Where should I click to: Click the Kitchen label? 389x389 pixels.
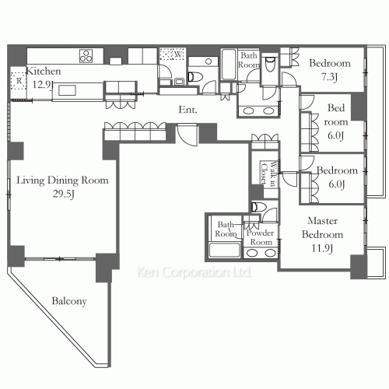[x=44, y=71]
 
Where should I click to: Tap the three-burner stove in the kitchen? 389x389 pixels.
[x=86, y=55]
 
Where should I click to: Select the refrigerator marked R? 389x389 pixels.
[x=19, y=81]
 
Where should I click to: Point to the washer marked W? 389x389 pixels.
[x=173, y=54]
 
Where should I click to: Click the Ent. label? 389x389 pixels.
[x=188, y=110]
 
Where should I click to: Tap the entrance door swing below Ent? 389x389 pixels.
[x=187, y=135]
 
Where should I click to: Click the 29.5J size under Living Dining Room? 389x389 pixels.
[x=64, y=194]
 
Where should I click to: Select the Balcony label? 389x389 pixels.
[x=69, y=301]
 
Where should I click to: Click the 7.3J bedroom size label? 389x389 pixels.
[x=329, y=77]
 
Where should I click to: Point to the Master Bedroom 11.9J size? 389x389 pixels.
[x=322, y=248]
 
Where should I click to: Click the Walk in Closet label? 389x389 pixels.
[x=268, y=173]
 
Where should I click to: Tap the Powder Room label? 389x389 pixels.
[x=261, y=237]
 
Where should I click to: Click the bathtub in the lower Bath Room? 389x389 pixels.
[x=225, y=250]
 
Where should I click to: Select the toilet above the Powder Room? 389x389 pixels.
[x=259, y=207]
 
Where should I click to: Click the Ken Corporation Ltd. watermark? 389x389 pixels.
[x=194, y=272]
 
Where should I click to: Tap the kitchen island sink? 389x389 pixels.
[x=67, y=90]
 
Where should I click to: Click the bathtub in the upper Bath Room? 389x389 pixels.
[x=229, y=64]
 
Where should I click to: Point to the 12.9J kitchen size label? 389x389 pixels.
[x=43, y=85]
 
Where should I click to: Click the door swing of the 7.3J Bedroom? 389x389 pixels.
[x=289, y=79]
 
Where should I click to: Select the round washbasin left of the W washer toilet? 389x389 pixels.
[x=209, y=61]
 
